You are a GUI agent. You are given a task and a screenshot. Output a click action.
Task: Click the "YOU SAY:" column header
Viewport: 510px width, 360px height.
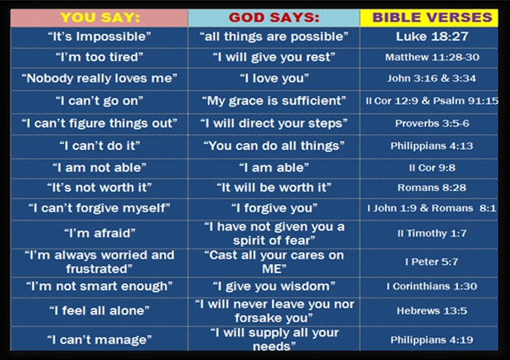(x=100, y=18)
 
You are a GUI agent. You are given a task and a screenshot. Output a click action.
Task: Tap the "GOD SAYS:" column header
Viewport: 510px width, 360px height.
(x=274, y=18)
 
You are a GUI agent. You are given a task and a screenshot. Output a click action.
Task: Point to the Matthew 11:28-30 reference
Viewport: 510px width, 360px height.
(x=432, y=57)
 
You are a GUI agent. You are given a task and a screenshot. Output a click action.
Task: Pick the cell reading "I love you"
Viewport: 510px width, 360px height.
(x=274, y=78)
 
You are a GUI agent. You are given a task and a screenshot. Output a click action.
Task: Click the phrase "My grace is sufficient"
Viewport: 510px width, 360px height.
(x=274, y=101)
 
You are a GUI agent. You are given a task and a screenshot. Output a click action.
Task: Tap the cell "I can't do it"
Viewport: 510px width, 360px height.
(x=100, y=145)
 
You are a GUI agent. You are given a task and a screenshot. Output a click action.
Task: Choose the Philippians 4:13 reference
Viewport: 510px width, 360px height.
(x=432, y=145)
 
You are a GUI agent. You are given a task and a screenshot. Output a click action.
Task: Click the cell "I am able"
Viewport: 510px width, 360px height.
(x=274, y=167)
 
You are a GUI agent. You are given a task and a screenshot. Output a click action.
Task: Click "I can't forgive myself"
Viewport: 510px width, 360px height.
(x=100, y=208)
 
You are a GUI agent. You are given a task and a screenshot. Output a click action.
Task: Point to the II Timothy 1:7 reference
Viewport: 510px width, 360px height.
(x=432, y=233)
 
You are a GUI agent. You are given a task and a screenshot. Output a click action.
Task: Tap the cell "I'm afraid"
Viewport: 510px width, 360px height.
(x=100, y=233)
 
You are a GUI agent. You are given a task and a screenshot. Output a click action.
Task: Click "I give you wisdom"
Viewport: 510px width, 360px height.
(x=274, y=286)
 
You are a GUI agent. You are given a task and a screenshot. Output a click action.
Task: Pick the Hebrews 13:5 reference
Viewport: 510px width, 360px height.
(x=432, y=311)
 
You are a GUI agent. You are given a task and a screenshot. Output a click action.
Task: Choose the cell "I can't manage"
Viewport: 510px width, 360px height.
(x=100, y=340)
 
